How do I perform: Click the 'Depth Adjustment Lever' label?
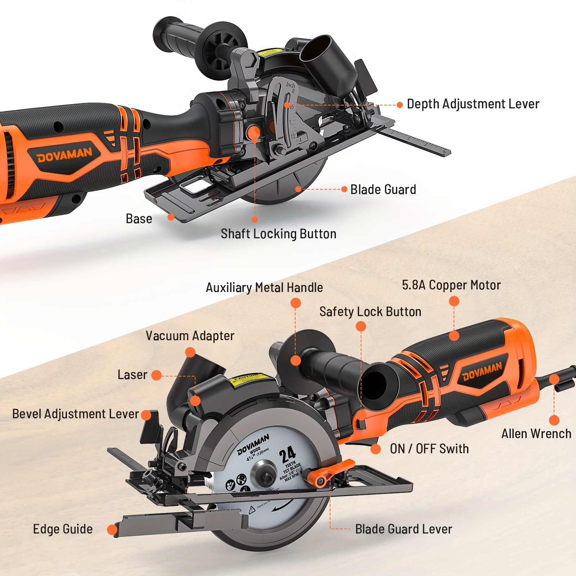[473, 104]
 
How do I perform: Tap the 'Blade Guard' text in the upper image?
[383, 189]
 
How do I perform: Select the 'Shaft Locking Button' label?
[278, 234]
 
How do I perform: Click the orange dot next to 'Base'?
[171, 217]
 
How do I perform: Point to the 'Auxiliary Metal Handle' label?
[264, 288]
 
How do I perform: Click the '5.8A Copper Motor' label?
[451, 285]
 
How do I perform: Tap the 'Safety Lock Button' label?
[370, 312]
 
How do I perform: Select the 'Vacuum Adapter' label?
[190, 336]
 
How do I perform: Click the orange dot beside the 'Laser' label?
[156, 375]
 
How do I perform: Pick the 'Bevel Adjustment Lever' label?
[75, 414]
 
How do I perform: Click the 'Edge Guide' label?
[63, 529]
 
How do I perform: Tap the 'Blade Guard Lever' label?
[403, 529]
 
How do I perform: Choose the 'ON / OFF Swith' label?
[429, 449]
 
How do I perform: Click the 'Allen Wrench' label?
[536, 434]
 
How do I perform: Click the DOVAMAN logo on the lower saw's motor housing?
[482, 372]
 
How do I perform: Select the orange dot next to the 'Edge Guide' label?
[112, 530]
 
